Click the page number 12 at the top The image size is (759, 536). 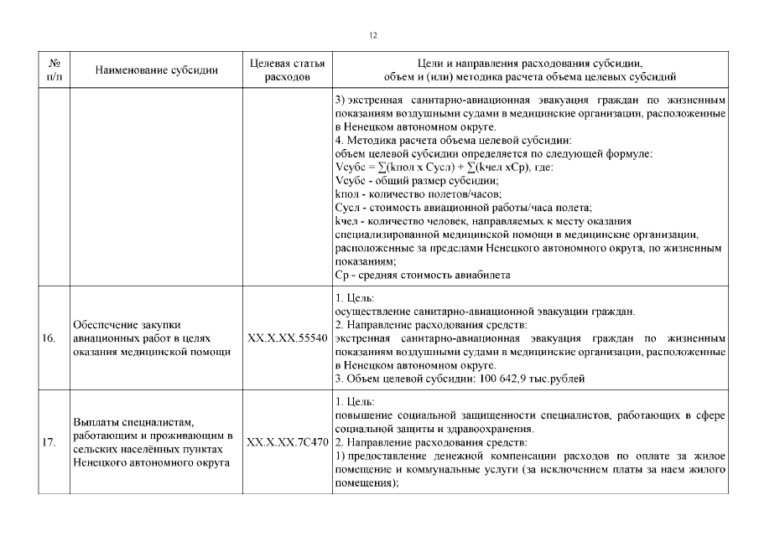coord(373,35)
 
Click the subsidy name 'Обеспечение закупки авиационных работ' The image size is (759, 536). coord(151,338)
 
